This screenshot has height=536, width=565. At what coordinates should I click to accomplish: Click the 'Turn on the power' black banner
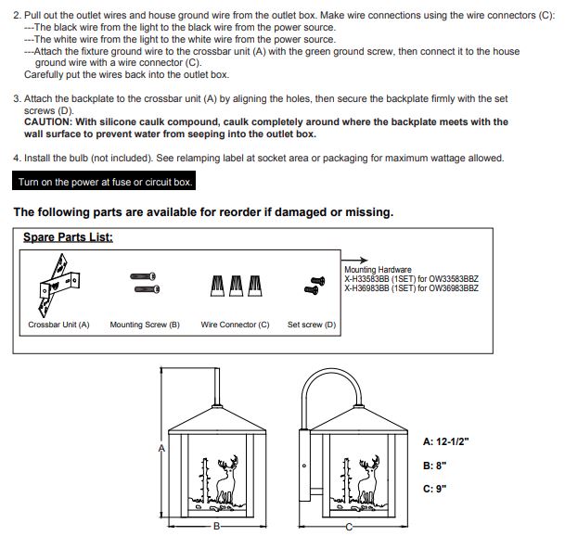pos(104,181)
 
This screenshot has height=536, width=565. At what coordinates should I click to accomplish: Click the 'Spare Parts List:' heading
pos(68,237)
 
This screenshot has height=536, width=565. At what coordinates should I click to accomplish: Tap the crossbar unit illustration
pos(58,285)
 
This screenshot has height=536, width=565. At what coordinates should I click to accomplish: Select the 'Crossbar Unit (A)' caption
pos(58,325)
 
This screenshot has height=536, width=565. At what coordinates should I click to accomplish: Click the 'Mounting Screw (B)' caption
pos(145,325)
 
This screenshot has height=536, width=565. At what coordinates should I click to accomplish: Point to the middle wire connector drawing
pos(236,286)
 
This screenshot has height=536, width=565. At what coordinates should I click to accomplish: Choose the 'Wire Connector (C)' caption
pos(235,325)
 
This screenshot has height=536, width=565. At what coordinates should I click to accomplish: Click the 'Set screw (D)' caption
pos(312,325)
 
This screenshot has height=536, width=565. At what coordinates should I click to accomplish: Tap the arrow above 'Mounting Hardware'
pos(354,260)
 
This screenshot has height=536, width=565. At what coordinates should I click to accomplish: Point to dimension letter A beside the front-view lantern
pos(161,449)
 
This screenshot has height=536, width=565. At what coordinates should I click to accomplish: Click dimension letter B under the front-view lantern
pos(216,527)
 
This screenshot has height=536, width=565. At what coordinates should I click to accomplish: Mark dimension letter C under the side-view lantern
pos(349,527)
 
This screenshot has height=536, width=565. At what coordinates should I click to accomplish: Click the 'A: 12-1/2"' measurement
pos(446,441)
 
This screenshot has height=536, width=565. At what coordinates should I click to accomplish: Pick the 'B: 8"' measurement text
pos(434,466)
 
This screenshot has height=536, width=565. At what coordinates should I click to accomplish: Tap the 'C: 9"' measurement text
pos(434,489)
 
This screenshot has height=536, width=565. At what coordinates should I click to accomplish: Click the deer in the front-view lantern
pos(227,479)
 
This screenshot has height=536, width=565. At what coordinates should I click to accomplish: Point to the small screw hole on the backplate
pos(304,466)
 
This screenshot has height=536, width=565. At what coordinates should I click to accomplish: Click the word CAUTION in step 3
pos(48,121)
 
